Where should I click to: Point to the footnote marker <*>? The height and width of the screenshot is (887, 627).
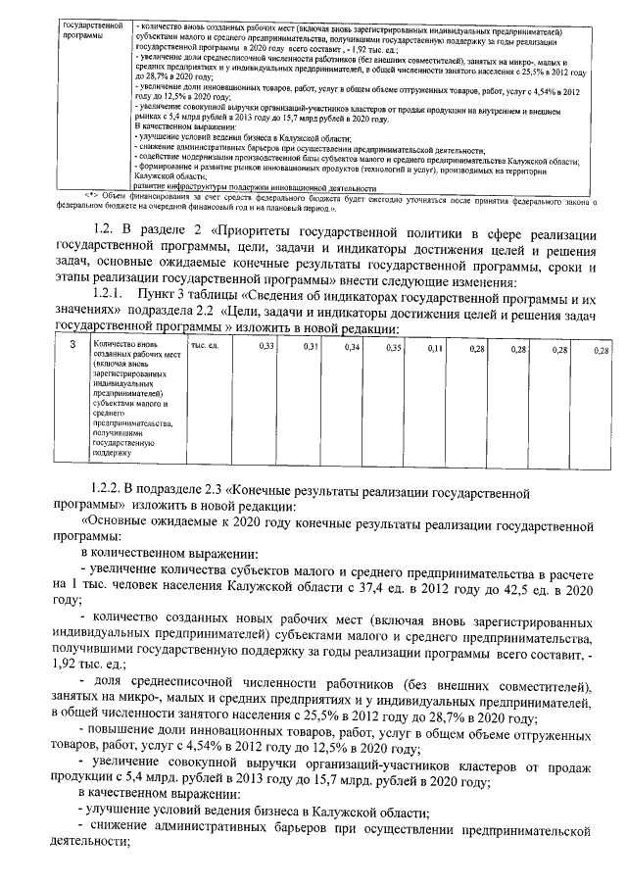click(94, 197)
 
